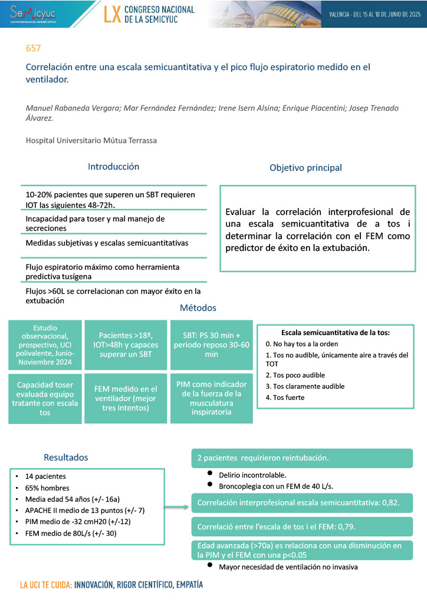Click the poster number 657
click(x=34, y=48)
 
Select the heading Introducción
click(x=113, y=167)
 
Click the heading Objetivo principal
click(x=306, y=168)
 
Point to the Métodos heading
click(x=198, y=308)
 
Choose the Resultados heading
click(x=65, y=458)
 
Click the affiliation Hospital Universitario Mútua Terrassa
click(x=91, y=140)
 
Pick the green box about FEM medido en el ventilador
click(x=125, y=398)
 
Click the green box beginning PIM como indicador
click(x=211, y=398)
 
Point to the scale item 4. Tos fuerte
click(x=285, y=397)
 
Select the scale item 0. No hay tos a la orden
click(x=301, y=343)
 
